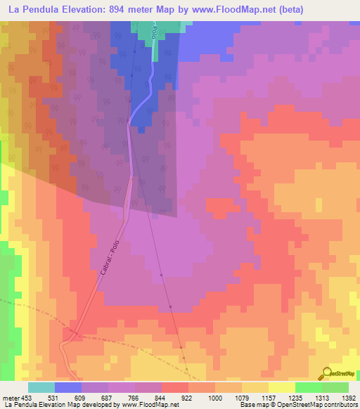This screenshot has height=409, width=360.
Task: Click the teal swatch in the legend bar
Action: pos(41,387)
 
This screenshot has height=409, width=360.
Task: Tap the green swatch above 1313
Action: pos(309,387)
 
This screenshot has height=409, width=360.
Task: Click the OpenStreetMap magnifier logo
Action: pos(326,373)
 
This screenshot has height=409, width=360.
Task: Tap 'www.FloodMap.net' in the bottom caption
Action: pos(149,405)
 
